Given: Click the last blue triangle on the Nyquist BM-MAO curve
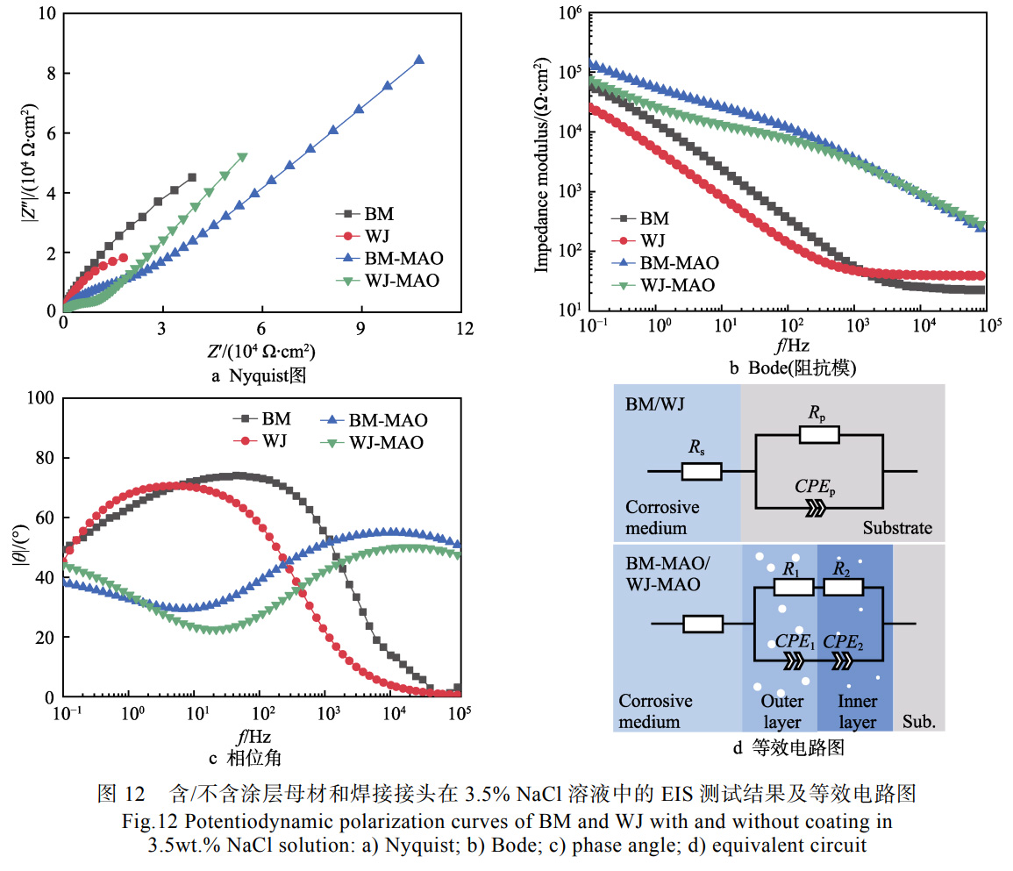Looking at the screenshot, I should tap(418, 60).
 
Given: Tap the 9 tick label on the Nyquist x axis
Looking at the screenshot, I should tap(360, 329).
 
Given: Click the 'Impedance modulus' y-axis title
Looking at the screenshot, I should tap(541, 161).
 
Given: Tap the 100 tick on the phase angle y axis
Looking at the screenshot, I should tap(40, 398).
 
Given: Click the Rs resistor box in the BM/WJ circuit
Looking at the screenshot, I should tap(702, 472).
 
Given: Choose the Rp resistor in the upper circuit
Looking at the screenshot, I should tap(819, 434).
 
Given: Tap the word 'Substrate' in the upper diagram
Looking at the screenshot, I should tap(897, 529).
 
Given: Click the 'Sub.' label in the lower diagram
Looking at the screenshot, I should tap(919, 724).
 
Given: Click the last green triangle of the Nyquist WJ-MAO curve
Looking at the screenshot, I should tap(242, 158).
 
